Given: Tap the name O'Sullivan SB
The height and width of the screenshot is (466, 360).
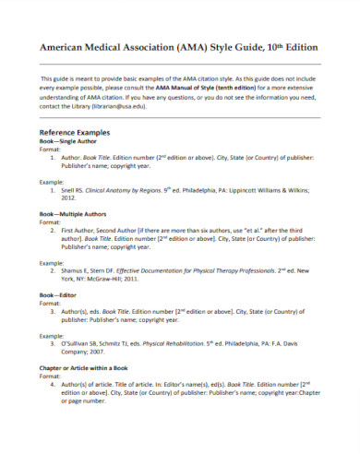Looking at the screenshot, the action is (x=83, y=341).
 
